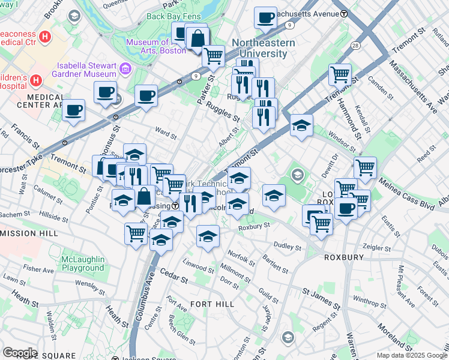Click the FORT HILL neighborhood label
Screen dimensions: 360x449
click(x=212, y=304)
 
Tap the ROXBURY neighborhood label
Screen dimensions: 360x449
click(x=343, y=257)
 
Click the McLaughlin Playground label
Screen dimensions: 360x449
click(x=82, y=263)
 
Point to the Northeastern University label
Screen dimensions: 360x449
click(x=264, y=48)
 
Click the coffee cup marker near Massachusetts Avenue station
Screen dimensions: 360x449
click(x=265, y=17)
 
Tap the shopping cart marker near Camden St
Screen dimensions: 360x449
click(x=340, y=74)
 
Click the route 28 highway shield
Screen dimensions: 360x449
click(x=355, y=46)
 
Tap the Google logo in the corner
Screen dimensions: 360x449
click(x=20, y=353)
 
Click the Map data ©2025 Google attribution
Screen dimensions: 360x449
click(x=411, y=355)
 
